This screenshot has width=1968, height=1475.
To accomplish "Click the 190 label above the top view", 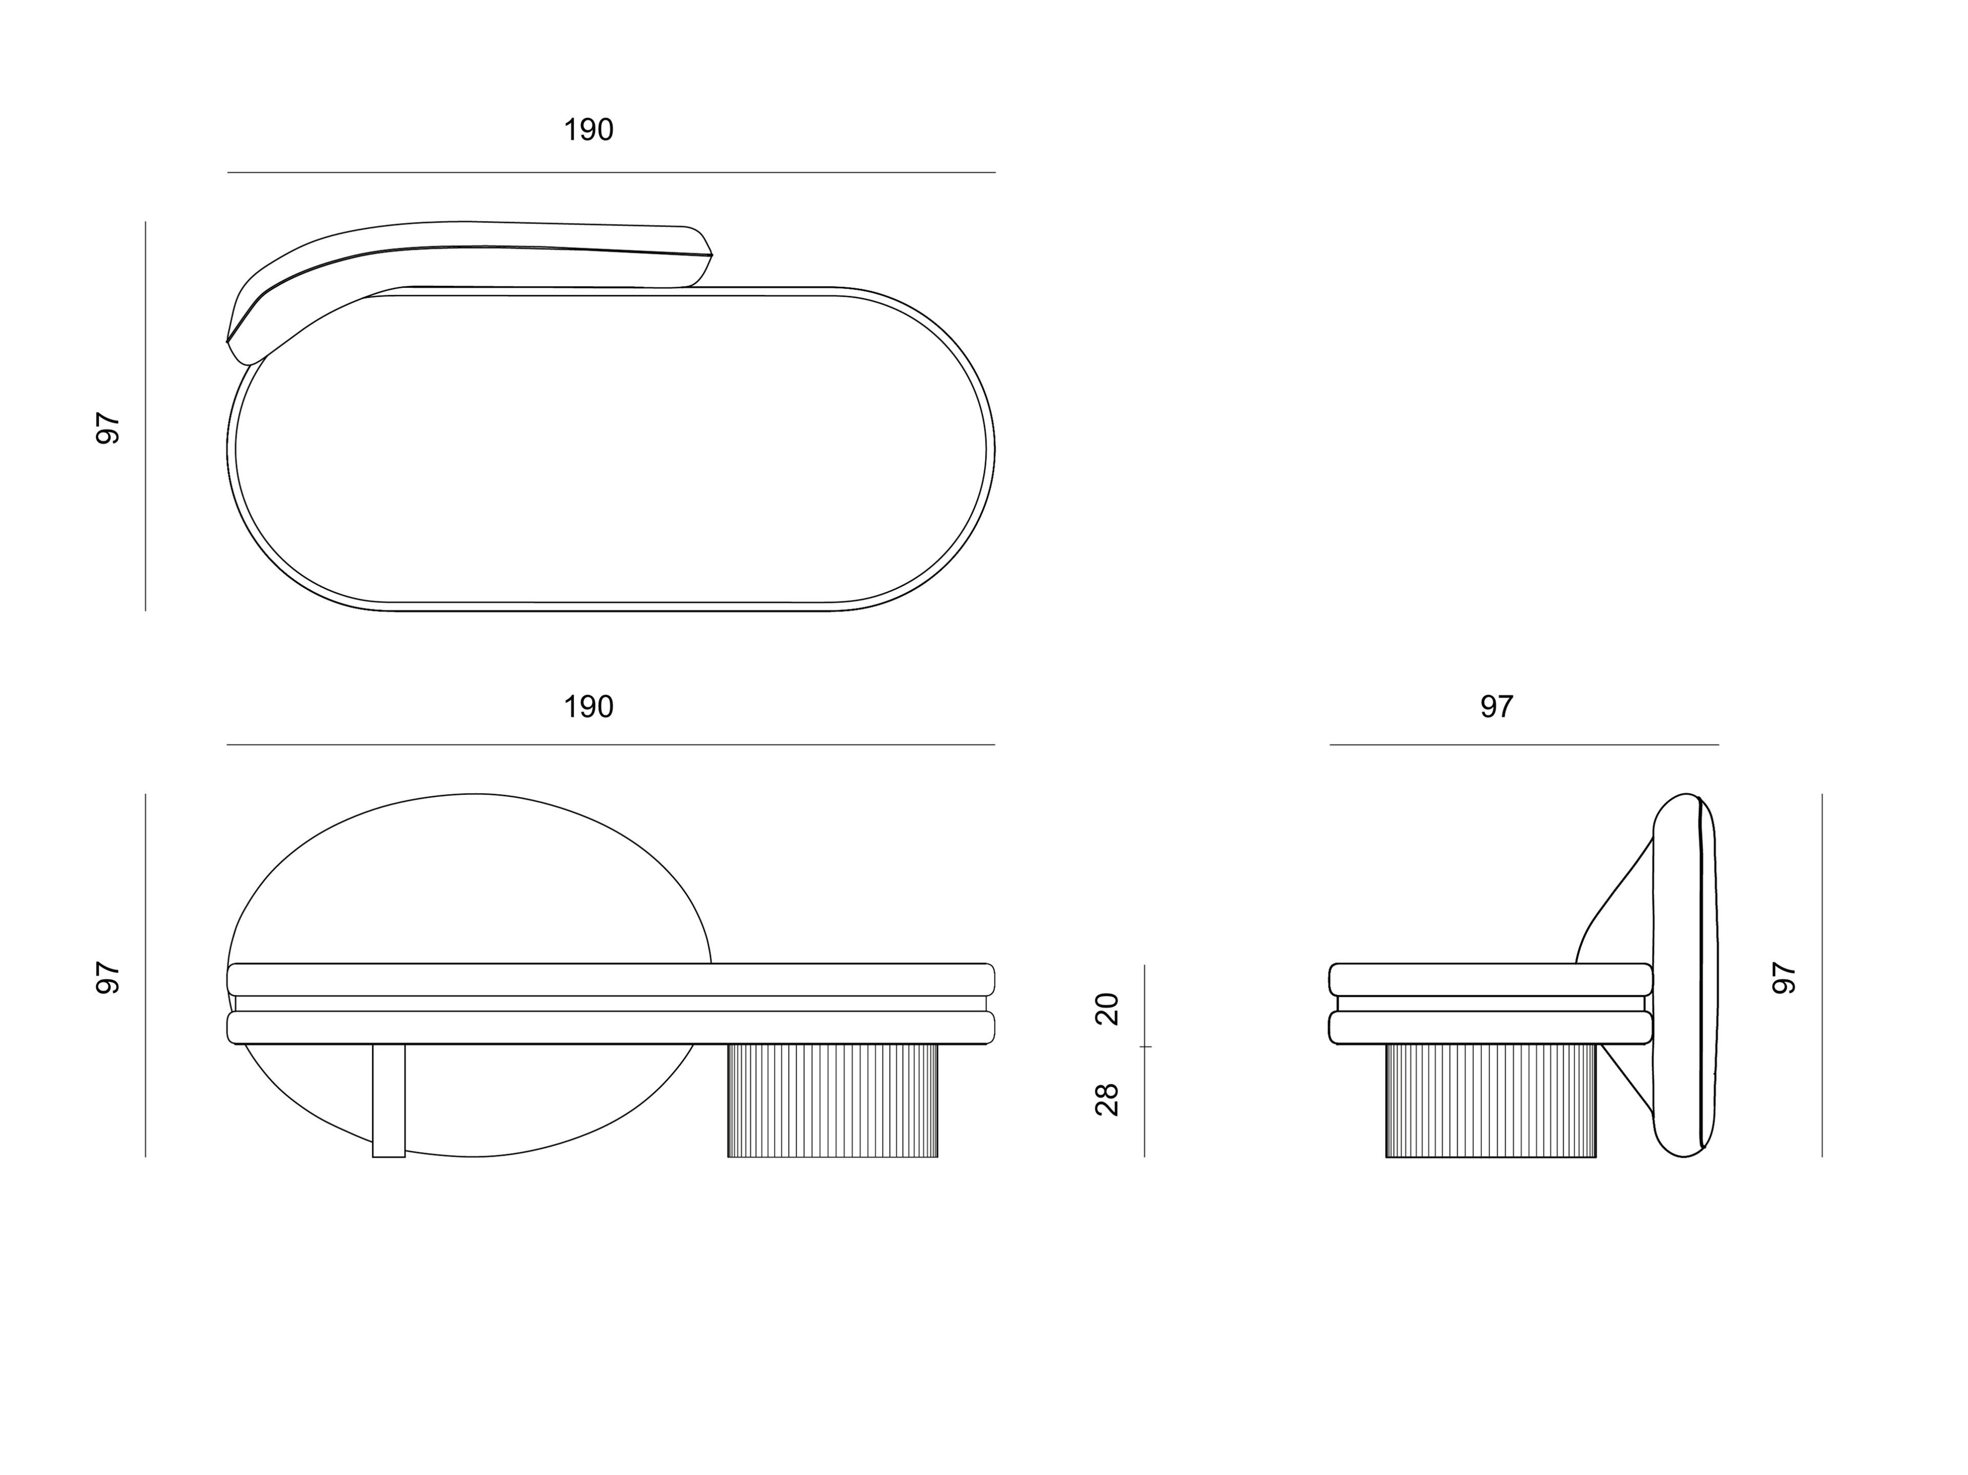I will (588, 130).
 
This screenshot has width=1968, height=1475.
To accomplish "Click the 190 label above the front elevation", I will (588, 707).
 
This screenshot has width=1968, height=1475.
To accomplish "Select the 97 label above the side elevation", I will (1496, 707).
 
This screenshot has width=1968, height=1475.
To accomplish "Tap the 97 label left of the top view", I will (108, 428).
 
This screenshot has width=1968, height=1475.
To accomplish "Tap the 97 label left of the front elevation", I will (108, 978).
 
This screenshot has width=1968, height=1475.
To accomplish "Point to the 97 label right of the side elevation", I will (1785, 978).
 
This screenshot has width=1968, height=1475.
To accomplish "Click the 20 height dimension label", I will (1108, 1009).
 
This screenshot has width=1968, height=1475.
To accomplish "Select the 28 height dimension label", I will (1108, 1099).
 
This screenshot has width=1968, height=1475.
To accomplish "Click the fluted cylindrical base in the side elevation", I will (1490, 1100).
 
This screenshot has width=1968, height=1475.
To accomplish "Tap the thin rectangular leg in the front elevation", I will (389, 1100).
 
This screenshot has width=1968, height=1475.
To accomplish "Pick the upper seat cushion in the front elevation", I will (610, 980).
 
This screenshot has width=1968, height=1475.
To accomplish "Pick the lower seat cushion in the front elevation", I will (610, 1028).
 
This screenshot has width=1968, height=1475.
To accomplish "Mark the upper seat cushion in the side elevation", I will (1490, 980).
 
